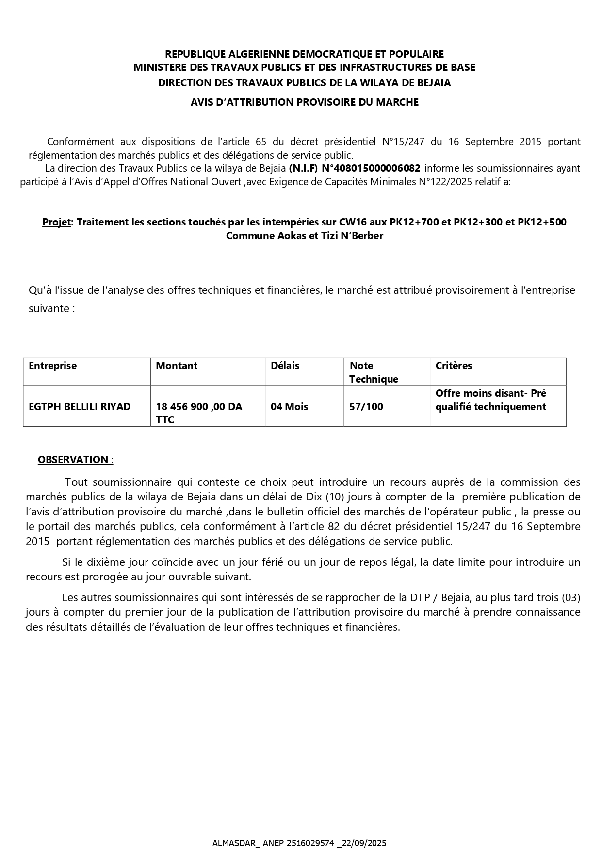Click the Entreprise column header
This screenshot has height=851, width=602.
pyautogui.click(x=52, y=366)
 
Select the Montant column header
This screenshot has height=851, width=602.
pyautogui.click(x=177, y=366)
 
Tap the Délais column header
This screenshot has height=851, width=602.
pyautogui.click(x=285, y=366)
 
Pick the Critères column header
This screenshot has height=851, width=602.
pyautogui.click(x=454, y=366)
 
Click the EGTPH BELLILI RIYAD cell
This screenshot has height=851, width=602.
pyautogui.click(x=80, y=407)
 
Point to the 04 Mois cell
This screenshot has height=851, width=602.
pyautogui.click(x=289, y=407)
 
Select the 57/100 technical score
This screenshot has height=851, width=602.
pyautogui.click(x=366, y=407)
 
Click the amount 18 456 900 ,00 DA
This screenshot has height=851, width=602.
pyautogui.click(x=199, y=407)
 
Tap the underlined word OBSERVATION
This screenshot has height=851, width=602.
pyautogui.click(x=73, y=460)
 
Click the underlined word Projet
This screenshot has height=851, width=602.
pyautogui.click(x=56, y=222)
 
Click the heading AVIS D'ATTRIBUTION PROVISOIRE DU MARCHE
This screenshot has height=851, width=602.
pyautogui.click(x=304, y=102)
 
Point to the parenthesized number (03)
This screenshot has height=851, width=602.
pyautogui.click(x=570, y=597)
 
